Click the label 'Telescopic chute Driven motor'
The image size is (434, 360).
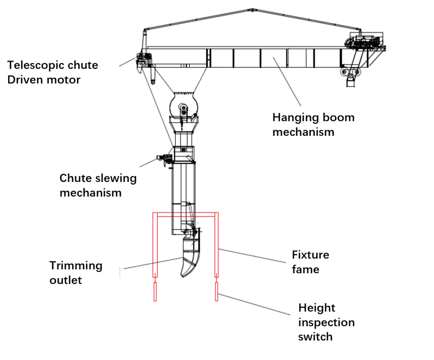(53, 73)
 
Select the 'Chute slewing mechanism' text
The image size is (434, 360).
(98, 185)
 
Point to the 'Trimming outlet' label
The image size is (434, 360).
(76, 273)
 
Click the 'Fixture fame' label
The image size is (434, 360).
(310, 262)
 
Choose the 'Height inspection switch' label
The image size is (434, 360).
(326, 322)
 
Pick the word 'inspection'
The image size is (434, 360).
(326, 322)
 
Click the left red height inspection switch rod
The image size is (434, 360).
(155, 291)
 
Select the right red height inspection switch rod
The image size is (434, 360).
(217, 291)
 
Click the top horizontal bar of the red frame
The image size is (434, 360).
(186, 213)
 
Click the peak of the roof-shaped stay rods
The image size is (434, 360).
(251, 9)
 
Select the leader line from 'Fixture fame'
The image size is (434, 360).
(252, 256)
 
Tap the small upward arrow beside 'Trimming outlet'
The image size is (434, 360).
(120, 271)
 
